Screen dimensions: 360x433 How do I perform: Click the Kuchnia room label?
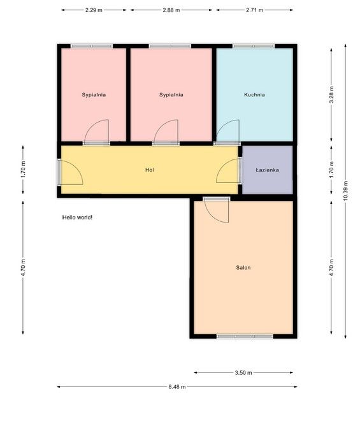click(254, 95)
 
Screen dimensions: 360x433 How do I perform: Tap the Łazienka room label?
click(267, 170)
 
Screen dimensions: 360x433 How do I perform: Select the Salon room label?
click(243, 267)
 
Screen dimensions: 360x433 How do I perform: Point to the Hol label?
click(150, 170)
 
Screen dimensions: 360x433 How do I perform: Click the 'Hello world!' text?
click(77, 217)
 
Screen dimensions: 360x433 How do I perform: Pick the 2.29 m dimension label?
click(94, 10)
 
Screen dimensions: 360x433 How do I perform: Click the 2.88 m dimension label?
click(171, 10)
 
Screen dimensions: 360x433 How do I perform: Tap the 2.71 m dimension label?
click(254, 10)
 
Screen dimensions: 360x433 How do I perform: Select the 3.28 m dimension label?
click(331, 95)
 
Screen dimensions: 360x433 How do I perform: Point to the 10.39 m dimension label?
click(345, 191)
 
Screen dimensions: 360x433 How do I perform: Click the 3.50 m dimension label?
click(243, 373)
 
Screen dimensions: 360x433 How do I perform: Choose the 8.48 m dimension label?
click(177, 387)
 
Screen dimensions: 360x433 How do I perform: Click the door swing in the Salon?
click(216, 210)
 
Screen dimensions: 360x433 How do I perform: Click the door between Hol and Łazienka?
click(228, 171)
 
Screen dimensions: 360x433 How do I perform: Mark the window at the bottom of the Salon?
click(245, 336)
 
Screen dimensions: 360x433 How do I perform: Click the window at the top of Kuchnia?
click(254, 46)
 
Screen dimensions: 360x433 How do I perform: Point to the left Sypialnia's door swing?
click(97, 132)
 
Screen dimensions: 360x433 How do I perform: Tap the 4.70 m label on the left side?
click(23, 267)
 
